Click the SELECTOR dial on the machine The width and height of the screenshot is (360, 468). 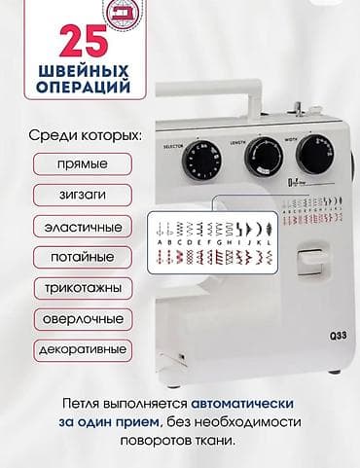pos(203,159)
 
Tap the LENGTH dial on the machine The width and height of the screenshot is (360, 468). pos(263,153)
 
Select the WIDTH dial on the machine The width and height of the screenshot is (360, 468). pos(313,154)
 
